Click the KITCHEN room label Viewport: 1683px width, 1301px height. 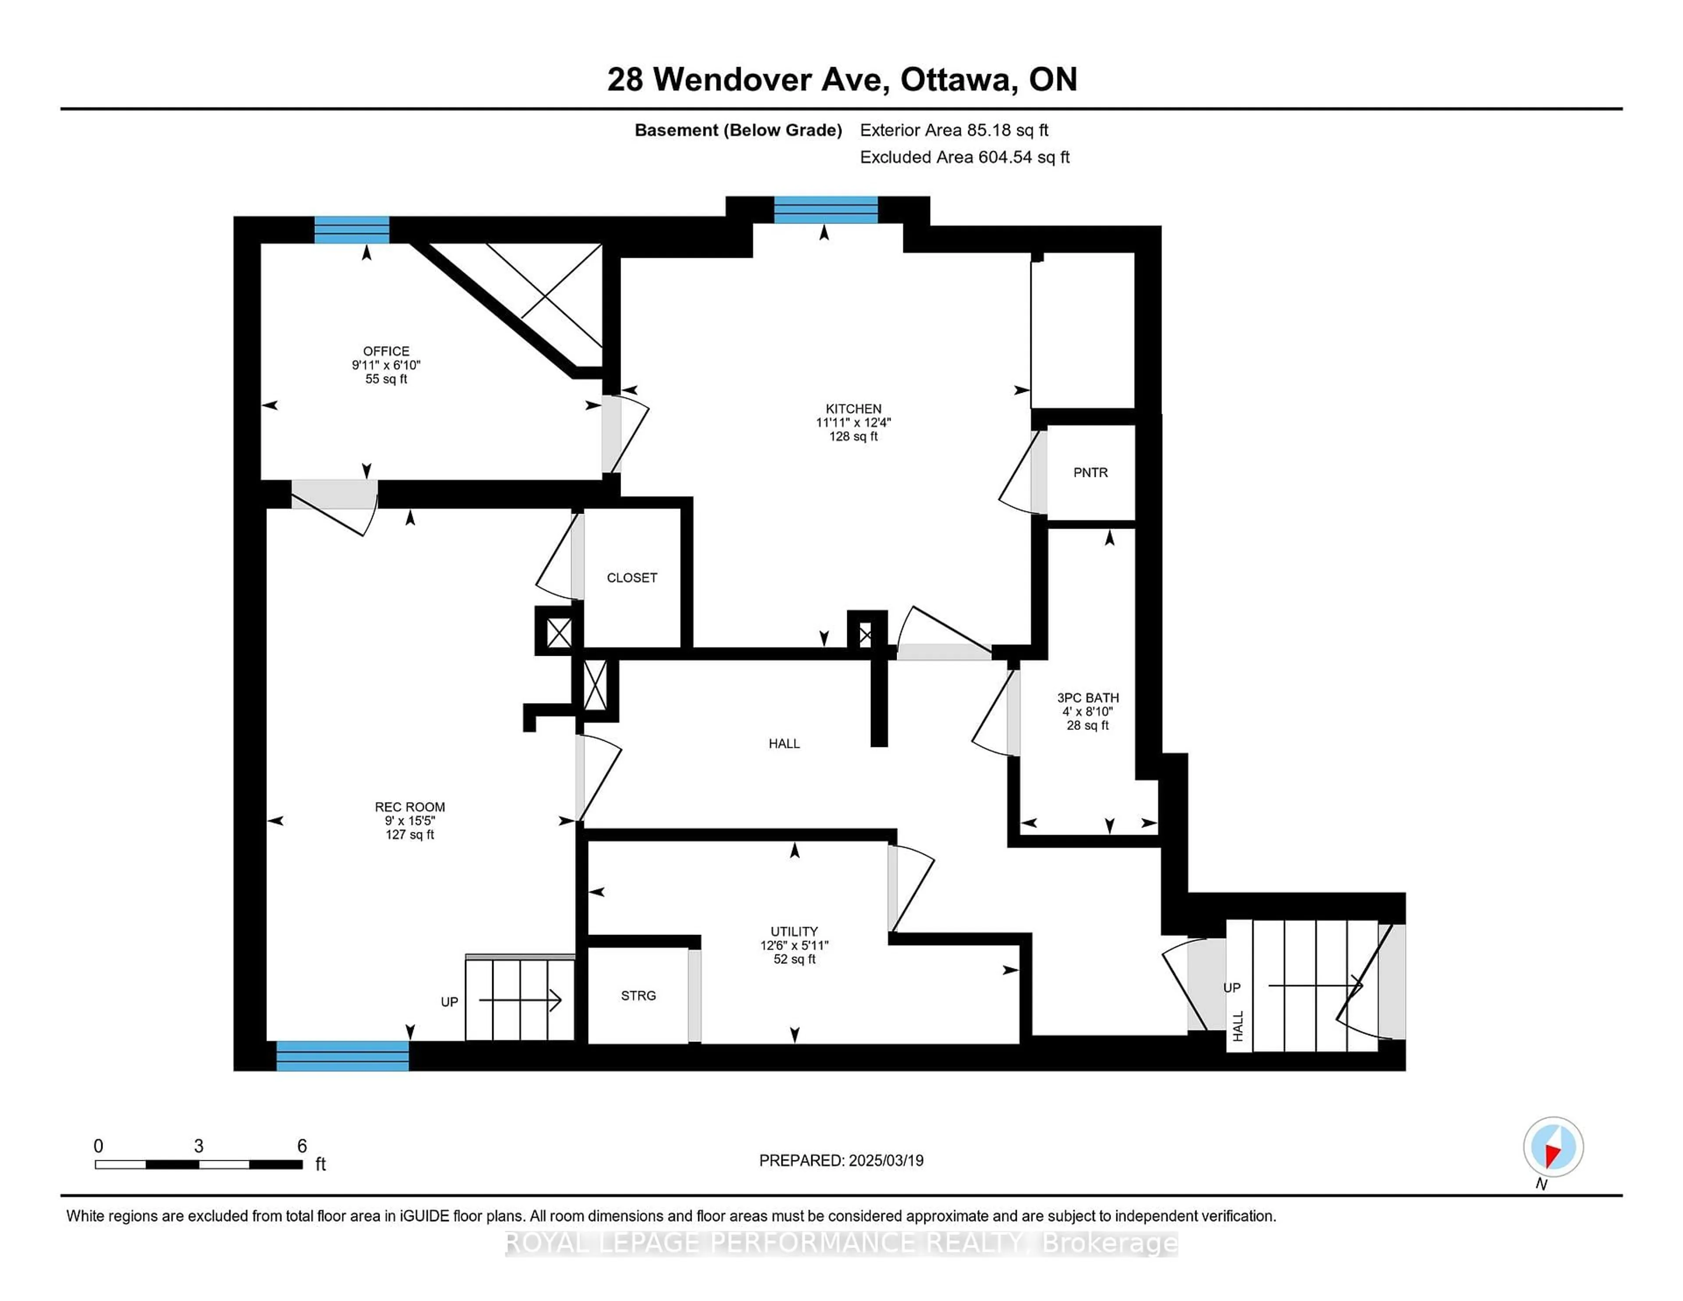click(x=853, y=409)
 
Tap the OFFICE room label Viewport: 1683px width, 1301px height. click(x=386, y=351)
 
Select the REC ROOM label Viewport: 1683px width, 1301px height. click(x=410, y=807)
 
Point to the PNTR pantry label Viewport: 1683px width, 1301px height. click(x=1090, y=473)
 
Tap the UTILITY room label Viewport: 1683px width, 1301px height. click(x=795, y=931)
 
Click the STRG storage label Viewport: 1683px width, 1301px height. click(x=638, y=996)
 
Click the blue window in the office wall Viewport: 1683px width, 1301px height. click(x=352, y=230)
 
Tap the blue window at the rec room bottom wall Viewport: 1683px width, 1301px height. click(x=342, y=1056)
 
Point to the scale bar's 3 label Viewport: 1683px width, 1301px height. click(x=199, y=1146)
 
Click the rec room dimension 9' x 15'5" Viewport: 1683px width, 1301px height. click(x=410, y=821)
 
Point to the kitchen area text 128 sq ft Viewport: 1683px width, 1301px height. click(x=853, y=436)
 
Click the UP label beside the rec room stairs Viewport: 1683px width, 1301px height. click(x=449, y=1002)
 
